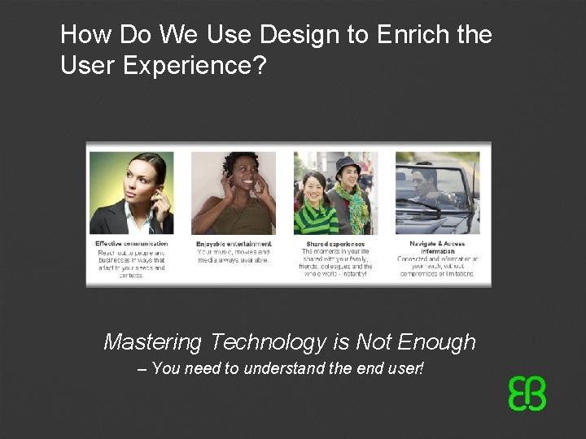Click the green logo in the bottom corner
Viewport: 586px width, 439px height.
pos(527,394)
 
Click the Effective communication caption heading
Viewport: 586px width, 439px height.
pos(131,243)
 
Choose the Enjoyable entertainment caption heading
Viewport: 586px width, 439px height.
pos(234,243)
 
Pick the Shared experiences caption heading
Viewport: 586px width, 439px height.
pos(335,243)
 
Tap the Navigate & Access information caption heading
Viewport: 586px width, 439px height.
pos(438,247)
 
